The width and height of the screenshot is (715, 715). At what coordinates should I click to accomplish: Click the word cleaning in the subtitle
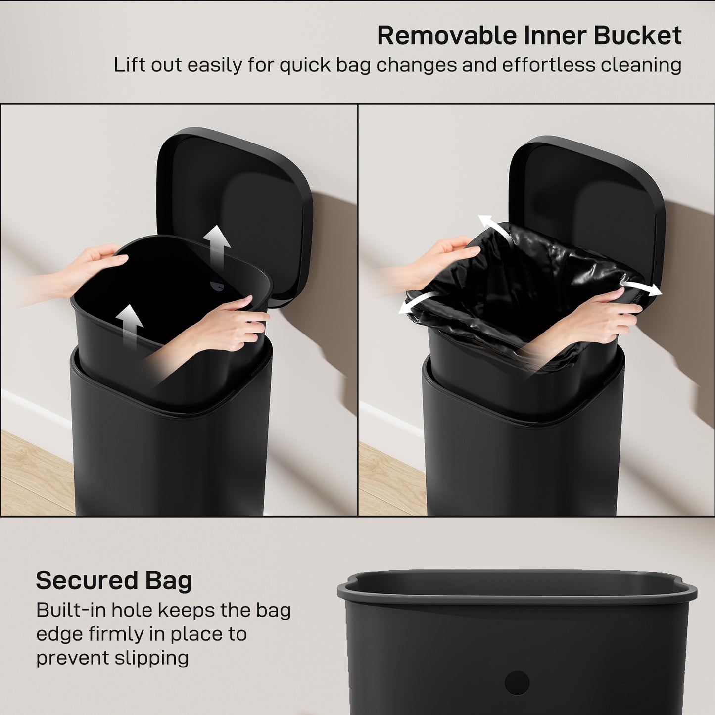[641, 65]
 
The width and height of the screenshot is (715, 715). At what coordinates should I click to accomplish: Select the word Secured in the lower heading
[87, 580]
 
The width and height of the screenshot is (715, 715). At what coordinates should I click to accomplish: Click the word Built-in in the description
[70, 610]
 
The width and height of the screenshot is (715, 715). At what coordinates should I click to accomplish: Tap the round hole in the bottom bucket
[517, 683]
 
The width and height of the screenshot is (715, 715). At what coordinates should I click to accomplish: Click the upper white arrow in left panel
[217, 245]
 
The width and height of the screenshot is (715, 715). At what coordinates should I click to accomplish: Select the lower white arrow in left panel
[131, 324]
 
